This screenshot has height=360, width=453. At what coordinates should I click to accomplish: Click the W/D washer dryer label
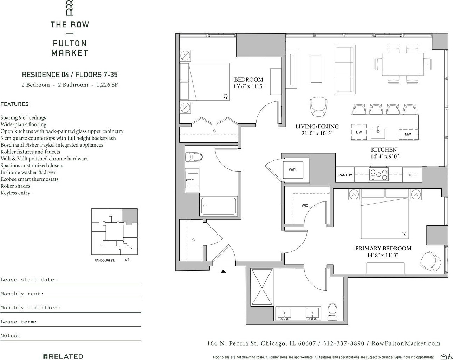(292, 170)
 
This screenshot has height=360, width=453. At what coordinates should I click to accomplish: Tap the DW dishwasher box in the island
(359, 132)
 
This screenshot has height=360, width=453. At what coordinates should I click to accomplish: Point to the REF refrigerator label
(412, 175)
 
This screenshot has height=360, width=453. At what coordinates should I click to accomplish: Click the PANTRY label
(345, 175)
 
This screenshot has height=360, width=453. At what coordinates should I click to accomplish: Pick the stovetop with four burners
(378, 174)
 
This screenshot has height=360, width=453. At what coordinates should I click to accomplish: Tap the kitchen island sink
(378, 133)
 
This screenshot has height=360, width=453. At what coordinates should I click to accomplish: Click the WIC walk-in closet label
(305, 205)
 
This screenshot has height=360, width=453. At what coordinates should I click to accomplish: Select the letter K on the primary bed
(404, 234)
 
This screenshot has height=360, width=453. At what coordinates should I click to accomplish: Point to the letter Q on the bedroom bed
(225, 96)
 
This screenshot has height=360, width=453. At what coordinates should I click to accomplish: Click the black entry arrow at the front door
(224, 271)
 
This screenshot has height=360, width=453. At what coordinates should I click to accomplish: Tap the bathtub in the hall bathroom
(218, 206)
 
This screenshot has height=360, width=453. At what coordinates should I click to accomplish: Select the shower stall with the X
(262, 288)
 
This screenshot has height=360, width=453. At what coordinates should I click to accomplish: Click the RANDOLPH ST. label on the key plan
(104, 261)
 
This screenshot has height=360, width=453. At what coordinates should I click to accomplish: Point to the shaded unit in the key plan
(130, 216)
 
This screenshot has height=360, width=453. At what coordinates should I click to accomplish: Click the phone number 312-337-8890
(344, 343)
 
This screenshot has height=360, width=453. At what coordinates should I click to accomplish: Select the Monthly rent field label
(22, 294)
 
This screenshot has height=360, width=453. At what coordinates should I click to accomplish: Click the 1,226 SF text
(107, 85)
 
